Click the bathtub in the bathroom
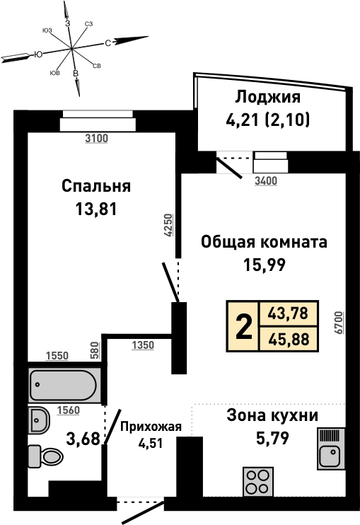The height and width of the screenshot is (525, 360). pyautogui.click(x=64, y=385)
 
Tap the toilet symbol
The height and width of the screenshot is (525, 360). pyautogui.click(x=46, y=456)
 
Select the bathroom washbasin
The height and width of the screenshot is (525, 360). pyautogui.click(x=39, y=419)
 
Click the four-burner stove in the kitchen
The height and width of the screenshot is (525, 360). pyautogui.click(x=257, y=481)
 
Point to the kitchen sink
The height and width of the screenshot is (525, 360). pyautogui.click(x=331, y=449)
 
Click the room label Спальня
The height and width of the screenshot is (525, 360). pyautogui.click(x=96, y=186)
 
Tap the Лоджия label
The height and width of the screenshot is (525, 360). pyautogui.click(x=267, y=97)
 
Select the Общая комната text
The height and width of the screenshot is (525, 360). pyautogui.click(x=264, y=242)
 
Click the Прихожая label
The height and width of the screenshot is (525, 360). pyautogui.click(x=151, y=427)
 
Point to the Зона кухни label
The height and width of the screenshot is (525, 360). pyautogui.click(x=272, y=415)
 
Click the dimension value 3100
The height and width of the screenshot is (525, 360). pyautogui.click(x=96, y=138)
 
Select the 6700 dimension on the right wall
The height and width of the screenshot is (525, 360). pyautogui.click(x=339, y=323)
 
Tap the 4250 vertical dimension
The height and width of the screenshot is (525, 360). pyautogui.click(x=168, y=225)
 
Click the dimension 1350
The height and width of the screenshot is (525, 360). pyautogui.click(x=143, y=345)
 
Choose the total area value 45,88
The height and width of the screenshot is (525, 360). pyautogui.click(x=289, y=340)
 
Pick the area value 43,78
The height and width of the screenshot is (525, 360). pyautogui.click(x=289, y=313)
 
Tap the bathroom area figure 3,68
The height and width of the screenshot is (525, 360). pyautogui.click(x=83, y=439)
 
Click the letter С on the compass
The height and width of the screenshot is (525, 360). pyautogui.click(x=108, y=43)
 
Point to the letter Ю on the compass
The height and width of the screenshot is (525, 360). pyautogui.click(x=38, y=54)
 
